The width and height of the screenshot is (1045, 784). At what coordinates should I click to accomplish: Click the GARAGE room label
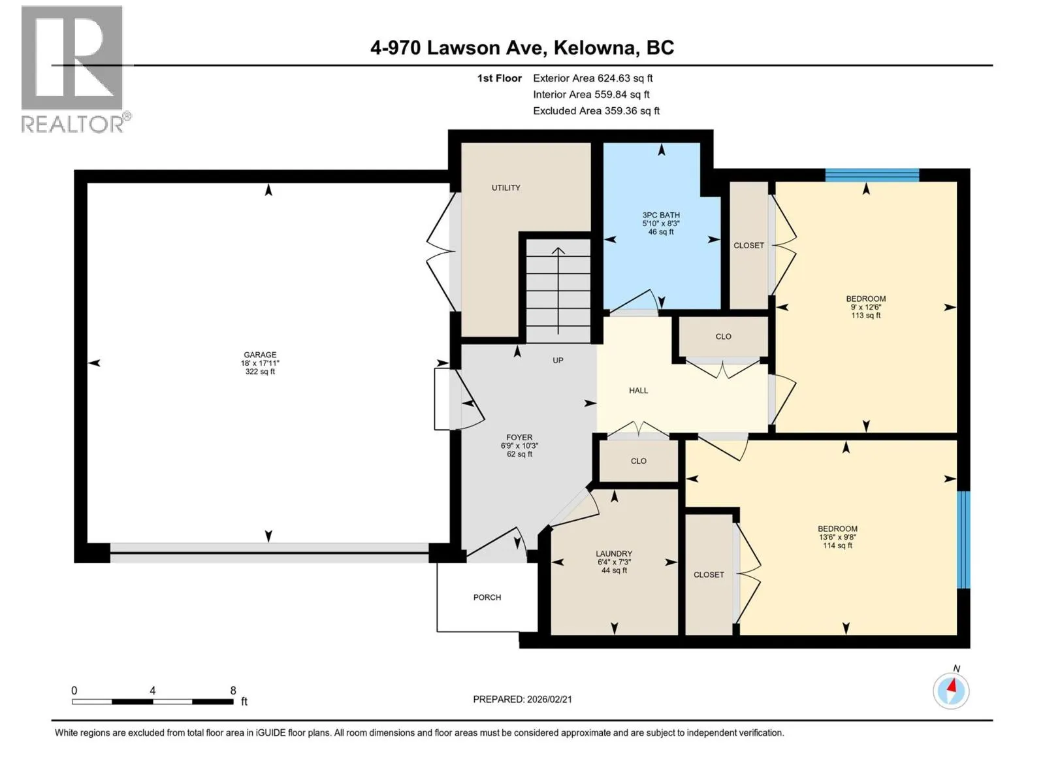pos(260,355)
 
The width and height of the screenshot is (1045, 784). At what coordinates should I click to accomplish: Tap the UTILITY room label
pos(506,188)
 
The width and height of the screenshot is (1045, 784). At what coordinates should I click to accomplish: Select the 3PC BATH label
pos(661,215)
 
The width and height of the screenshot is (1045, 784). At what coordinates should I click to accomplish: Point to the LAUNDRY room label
pos(614,553)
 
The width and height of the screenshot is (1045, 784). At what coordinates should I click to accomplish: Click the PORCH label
pos(487,597)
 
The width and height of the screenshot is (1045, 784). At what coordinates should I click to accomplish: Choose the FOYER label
pos(519,438)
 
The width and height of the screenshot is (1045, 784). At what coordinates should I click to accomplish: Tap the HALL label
pos(638,390)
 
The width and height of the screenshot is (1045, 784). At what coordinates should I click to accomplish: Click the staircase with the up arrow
pos(558,290)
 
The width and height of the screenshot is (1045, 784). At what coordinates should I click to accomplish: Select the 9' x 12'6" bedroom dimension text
pos(866,307)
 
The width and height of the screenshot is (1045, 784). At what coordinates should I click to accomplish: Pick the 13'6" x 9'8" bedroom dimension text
pos(837,537)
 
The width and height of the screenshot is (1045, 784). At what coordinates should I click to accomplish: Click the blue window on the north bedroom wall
pos(872,174)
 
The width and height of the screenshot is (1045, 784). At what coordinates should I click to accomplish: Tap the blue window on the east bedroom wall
pos(963,540)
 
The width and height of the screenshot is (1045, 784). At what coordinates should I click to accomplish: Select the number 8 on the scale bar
pos(233,690)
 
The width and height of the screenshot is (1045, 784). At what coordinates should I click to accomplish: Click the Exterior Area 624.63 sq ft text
pos(593,78)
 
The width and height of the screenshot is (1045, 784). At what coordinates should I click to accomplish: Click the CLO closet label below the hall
pos(638,461)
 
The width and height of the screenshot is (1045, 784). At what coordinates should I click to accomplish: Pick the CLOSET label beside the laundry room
pos(709,574)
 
